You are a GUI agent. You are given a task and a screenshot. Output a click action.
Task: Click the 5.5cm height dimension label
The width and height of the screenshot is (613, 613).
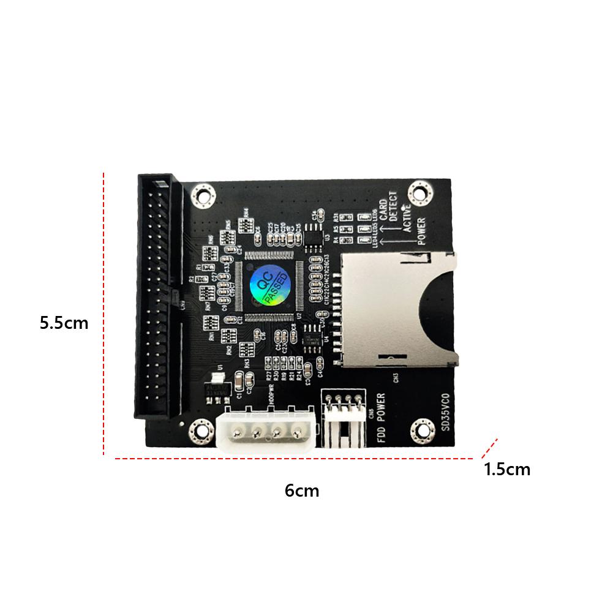pos(64,323)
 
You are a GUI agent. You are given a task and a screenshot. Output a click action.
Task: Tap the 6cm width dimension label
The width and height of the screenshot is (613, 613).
pos(302,491)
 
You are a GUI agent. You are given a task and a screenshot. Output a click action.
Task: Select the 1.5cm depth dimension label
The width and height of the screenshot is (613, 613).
pos(507,470)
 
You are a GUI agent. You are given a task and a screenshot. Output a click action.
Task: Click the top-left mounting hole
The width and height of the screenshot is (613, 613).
pos(203,197)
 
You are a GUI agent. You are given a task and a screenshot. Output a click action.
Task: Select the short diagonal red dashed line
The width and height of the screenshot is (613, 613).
pos(489,448)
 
